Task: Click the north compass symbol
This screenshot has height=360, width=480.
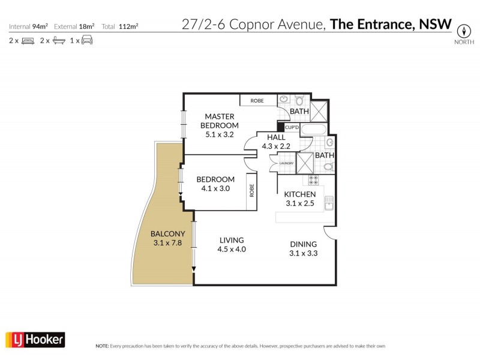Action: click(463, 31)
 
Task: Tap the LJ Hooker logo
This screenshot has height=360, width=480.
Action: click(35, 340)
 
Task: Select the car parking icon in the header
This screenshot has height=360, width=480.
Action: click(87, 41)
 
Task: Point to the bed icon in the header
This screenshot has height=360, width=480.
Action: click(27, 41)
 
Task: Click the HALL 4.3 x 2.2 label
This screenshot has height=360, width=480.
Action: click(276, 142)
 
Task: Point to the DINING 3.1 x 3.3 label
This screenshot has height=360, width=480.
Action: click(303, 248)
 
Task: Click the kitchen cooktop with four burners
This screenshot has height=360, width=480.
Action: click(313, 180)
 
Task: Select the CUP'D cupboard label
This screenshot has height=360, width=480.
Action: click(292, 128)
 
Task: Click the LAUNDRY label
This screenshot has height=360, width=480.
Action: click(286, 163)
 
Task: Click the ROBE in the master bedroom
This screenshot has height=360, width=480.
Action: click(257, 101)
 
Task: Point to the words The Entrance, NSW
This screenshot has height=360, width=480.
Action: click(391, 25)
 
